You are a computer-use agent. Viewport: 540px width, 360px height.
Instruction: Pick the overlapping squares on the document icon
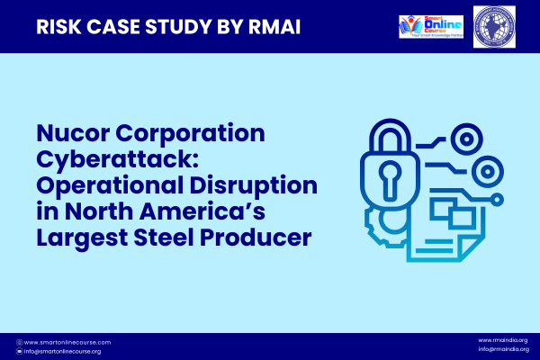coord(447,211)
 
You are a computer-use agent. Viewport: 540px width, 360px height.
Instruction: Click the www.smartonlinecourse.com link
coord(67,342)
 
